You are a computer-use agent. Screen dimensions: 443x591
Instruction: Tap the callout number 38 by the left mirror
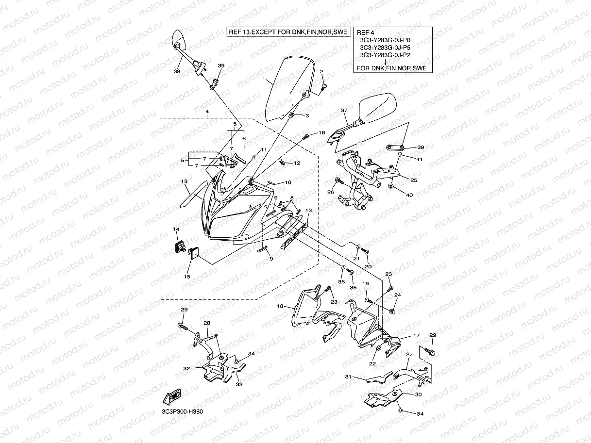click(x=177, y=71)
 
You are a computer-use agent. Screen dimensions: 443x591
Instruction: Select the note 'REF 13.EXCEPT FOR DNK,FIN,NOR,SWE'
click(x=288, y=32)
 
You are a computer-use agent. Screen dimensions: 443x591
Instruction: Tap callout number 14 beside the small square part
click(x=176, y=229)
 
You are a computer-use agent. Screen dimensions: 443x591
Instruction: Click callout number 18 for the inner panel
click(x=280, y=306)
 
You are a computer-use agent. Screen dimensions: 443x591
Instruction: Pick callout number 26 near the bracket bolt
click(x=331, y=193)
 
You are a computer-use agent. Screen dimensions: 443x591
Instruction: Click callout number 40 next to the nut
click(x=409, y=195)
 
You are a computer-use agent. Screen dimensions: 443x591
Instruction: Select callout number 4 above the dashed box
click(x=207, y=112)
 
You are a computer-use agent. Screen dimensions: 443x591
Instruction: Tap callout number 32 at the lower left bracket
click(x=186, y=368)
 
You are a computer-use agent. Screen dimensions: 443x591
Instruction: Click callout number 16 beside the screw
click(x=321, y=132)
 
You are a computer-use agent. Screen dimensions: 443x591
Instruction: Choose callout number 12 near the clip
click(x=297, y=163)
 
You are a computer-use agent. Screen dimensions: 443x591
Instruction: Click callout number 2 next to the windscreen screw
click(x=321, y=71)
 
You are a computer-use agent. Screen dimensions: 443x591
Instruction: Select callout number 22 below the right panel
click(x=372, y=363)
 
